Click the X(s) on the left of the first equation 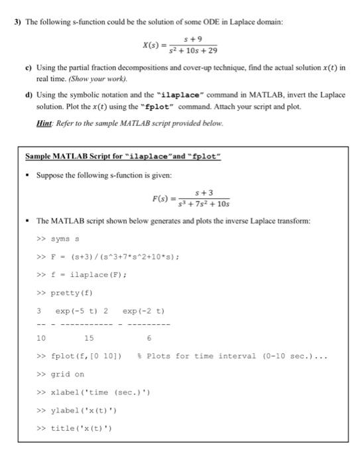coord(154,44)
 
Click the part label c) coord(29,68)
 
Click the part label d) coord(29,95)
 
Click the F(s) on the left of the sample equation coord(160,198)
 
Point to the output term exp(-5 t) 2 coord(82,310)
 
